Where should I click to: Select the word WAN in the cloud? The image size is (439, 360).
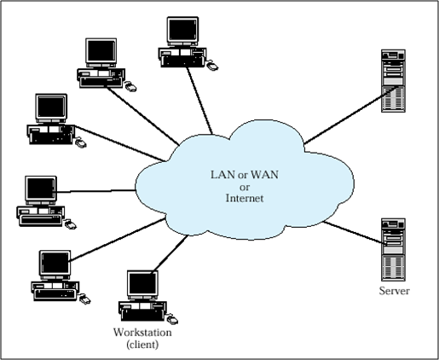(246, 174)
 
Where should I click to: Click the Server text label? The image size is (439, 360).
(394, 292)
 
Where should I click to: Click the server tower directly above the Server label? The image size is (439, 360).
(393, 250)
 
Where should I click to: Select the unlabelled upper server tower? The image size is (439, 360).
(393, 82)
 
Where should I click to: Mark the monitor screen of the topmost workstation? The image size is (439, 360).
(182, 31)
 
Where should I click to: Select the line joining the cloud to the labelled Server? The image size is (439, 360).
(349, 231)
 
